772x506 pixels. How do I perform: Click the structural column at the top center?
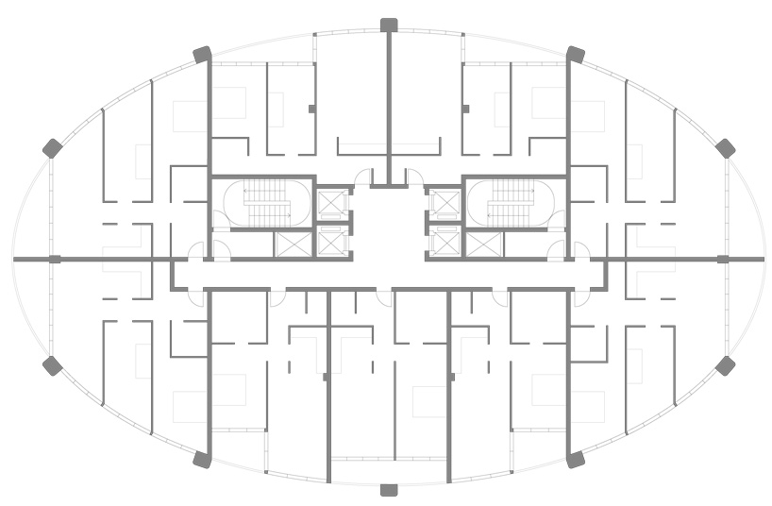tap(388, 25)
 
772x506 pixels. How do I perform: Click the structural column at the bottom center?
tap(388, 489)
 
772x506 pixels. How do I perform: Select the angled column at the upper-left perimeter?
tap(201, 54)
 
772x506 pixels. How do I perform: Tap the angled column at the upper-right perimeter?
tap(575, 54)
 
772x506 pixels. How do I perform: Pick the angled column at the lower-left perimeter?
tap(201, 460)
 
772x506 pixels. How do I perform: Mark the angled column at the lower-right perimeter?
tap(575, 460)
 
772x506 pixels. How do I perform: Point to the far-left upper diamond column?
tap(52, 148)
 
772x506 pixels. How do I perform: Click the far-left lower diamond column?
tap(52, 365)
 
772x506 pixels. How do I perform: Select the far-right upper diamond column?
tap(725, 148)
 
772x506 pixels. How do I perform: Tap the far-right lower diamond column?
tap(725, 365)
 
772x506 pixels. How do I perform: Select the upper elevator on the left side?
tap(332, 203)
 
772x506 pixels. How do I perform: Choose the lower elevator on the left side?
tap(332, 243)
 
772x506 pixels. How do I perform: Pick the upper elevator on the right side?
tap(443, 203)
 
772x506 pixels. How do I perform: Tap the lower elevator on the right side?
tap(443, 243)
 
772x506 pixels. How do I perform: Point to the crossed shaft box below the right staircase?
tap(484, 245)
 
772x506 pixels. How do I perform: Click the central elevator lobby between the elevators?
tap(388, 227)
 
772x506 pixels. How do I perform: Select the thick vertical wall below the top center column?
tap(388, 104)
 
